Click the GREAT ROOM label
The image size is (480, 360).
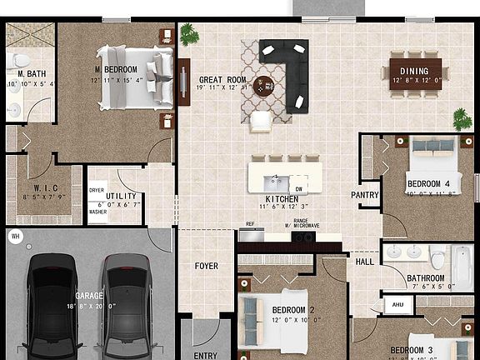[222, 81]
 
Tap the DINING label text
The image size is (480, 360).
[414, 71]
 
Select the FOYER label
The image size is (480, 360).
[207, 267]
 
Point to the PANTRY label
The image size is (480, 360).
[364, 195]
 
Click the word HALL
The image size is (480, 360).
[365, 262]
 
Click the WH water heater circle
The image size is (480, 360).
[15, 237]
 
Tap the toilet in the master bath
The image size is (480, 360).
[18, 60]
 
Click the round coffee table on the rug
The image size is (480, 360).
[264, 84]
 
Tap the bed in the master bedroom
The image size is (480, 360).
[129, 77]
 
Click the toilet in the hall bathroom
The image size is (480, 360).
[437, 257]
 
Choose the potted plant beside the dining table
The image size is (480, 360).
[461, 118]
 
